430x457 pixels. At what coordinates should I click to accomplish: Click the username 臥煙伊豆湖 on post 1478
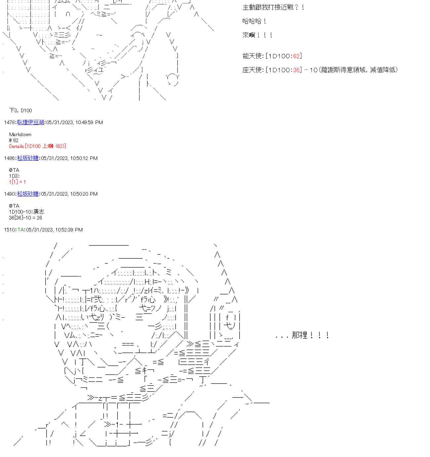point(30,123)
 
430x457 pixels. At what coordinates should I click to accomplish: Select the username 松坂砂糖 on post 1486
point(28,158)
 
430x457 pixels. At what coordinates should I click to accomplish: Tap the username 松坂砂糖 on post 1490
point(28,194)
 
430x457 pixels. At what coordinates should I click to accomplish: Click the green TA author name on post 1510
point(21,230)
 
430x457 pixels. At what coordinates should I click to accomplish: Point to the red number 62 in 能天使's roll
point(296,56)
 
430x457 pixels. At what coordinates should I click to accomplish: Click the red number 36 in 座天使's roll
point(296,70)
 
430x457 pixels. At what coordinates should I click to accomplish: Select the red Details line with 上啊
point(38,146)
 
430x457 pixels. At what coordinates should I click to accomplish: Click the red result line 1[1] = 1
point(17,182)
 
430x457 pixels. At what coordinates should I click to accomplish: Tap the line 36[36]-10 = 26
point(25,218)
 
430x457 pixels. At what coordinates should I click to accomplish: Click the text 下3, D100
point(21,111)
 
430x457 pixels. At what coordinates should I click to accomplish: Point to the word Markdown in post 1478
point(20,134)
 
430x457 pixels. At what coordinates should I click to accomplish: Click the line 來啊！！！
point(257,35)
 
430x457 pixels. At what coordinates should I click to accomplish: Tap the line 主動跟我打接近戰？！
point(273,7)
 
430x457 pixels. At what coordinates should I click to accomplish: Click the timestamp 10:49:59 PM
point(89,123)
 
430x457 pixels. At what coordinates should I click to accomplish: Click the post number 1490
point(10,194)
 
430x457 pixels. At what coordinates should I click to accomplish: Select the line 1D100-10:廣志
point(26,212)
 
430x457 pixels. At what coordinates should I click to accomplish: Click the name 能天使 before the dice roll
point(252,56)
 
